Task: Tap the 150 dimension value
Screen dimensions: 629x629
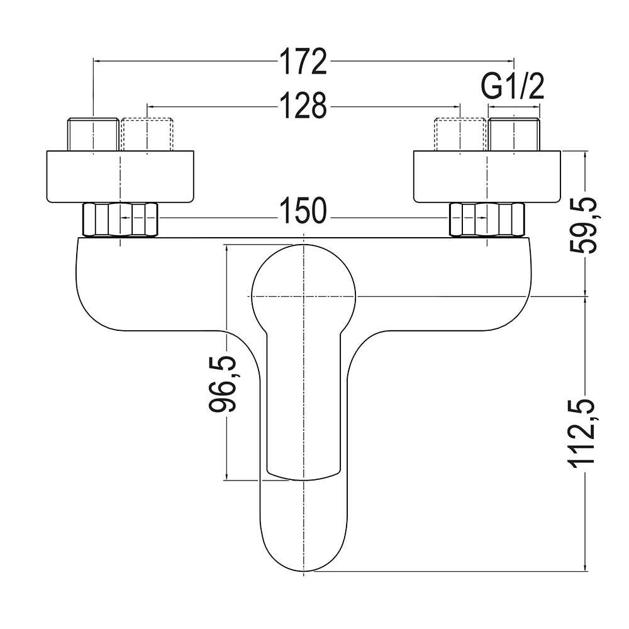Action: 304,210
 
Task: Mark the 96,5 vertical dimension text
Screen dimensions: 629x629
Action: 224,383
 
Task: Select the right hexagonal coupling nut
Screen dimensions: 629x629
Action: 487,220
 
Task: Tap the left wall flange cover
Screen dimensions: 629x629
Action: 120,177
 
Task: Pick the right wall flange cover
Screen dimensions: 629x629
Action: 487,177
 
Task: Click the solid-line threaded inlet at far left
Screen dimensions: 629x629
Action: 93,134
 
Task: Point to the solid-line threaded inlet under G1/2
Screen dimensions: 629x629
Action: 515,134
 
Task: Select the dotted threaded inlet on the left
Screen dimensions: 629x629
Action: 147,134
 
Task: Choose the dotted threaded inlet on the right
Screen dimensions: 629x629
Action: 461,134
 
